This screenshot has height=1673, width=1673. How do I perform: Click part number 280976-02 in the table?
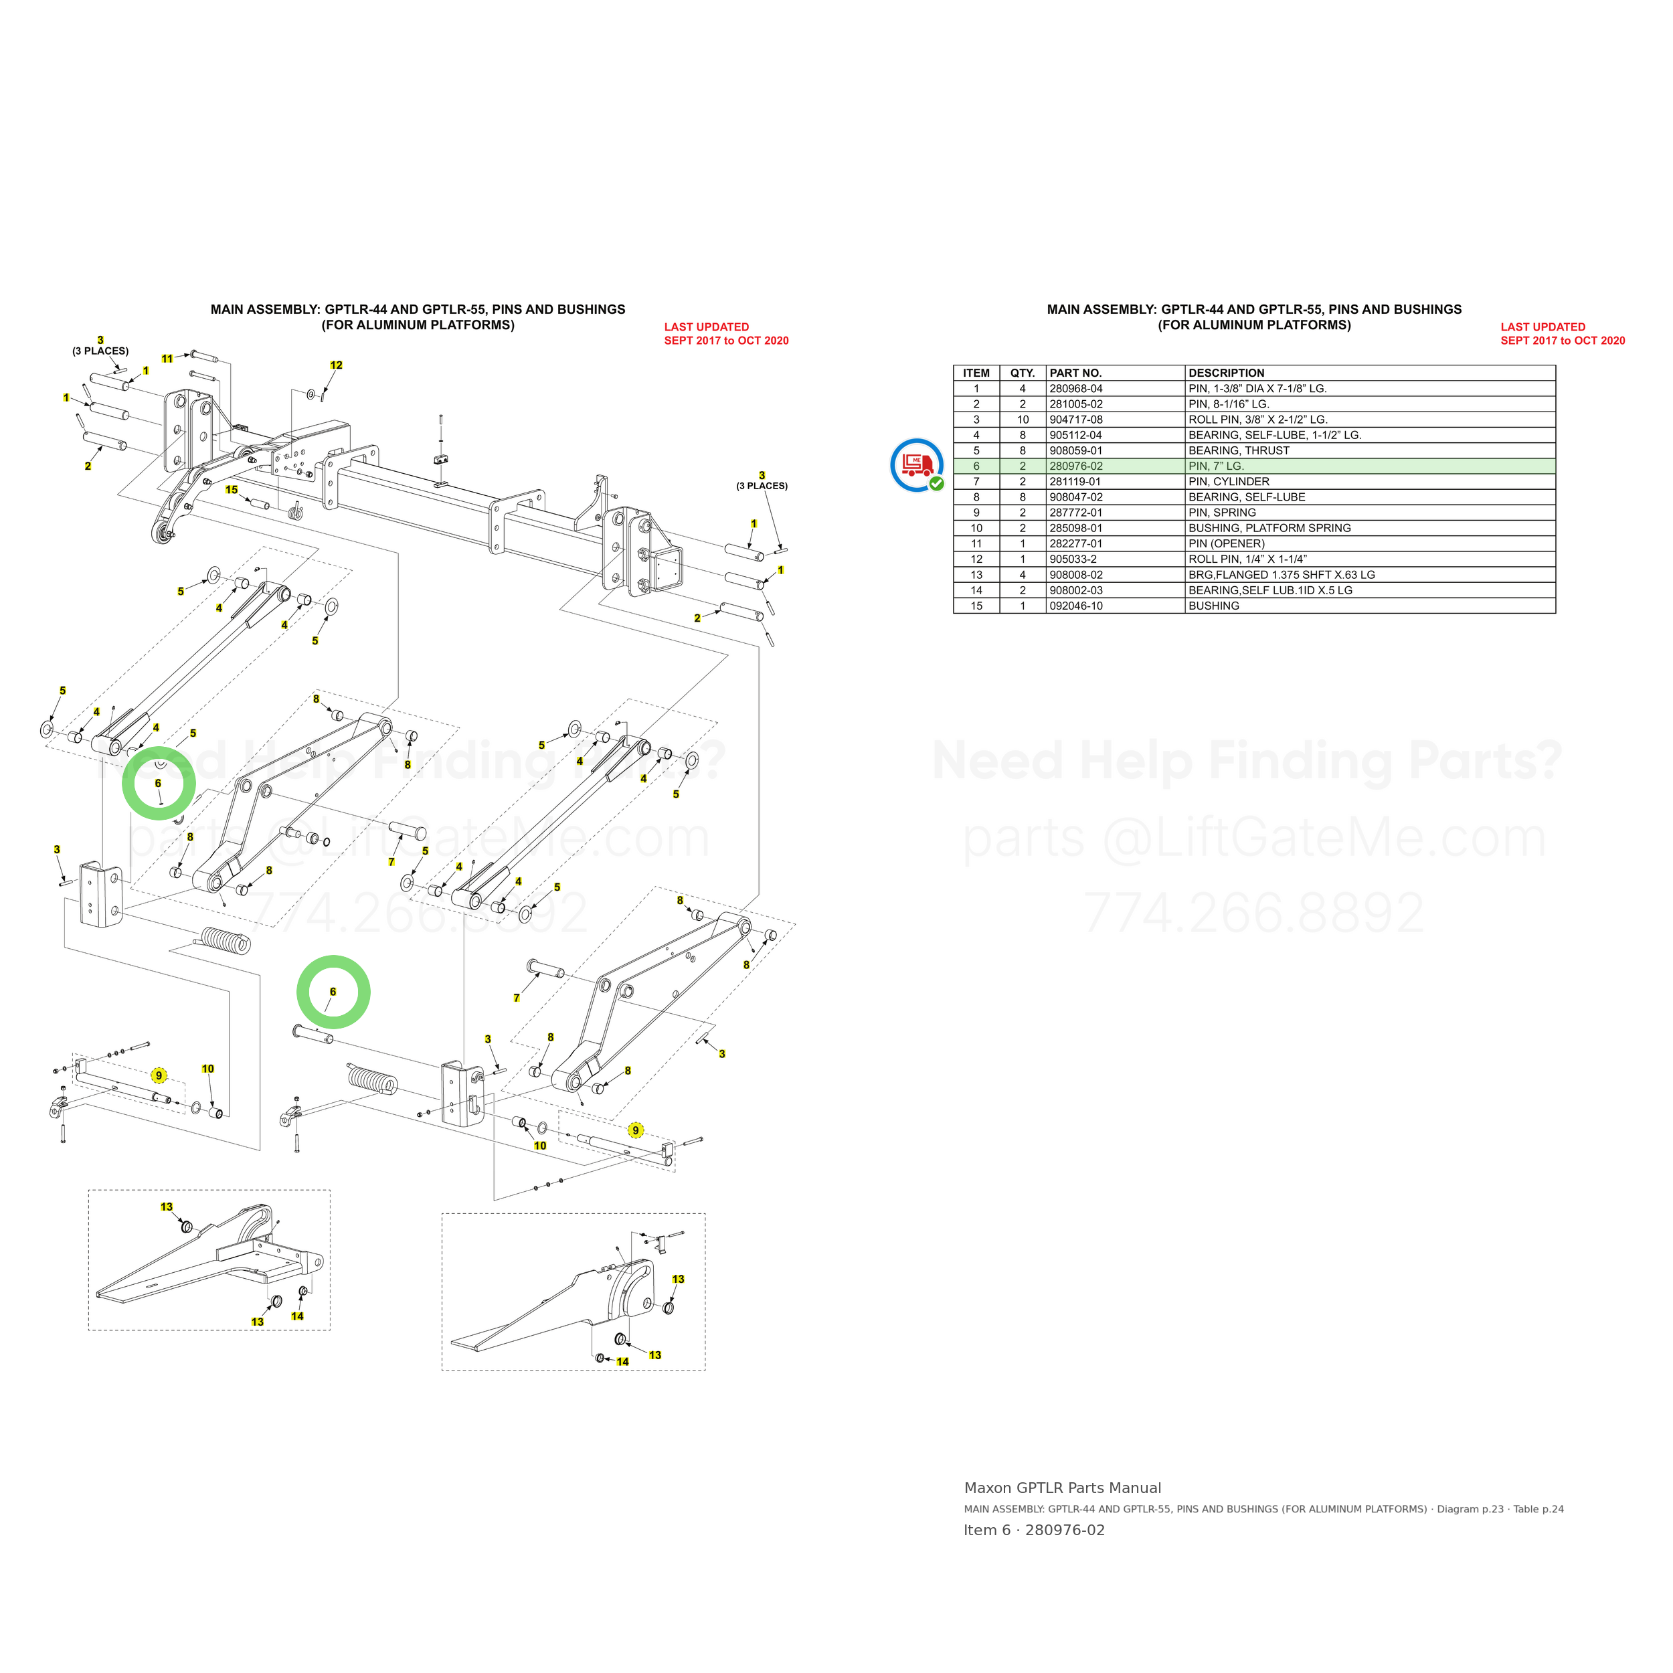point(1075,466)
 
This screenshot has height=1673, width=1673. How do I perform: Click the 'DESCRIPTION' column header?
point(1226,373)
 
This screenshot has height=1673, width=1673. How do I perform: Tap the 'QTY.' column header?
point(1023,373)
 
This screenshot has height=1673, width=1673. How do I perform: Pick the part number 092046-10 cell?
point(1075,606)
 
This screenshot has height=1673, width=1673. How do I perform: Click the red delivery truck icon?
point(917,465)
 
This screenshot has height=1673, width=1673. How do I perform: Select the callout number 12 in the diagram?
point(336,365)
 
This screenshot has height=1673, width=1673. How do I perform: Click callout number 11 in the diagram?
point(167,359)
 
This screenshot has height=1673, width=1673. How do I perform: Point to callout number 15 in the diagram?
point(231,490)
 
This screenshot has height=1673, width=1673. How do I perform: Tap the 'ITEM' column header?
point(976,373)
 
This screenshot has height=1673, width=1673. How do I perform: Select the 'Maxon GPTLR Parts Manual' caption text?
point(1063,1488)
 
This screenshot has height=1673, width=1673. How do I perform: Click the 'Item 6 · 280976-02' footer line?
point(1034,1530)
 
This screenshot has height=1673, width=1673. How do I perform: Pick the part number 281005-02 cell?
point(1075,404)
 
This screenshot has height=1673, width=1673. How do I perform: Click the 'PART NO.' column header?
point(1075,373)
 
